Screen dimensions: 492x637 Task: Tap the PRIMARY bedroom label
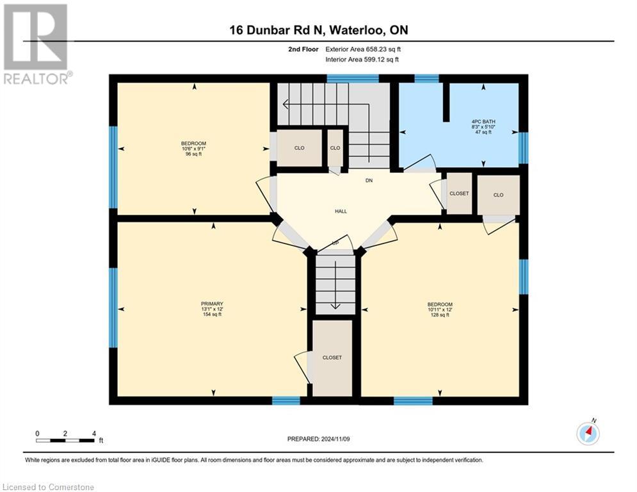coord(212,304)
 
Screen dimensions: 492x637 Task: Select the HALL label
coord(341,211)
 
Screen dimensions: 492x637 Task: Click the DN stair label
coord(369,181)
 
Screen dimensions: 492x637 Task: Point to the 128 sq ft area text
coord(440,315)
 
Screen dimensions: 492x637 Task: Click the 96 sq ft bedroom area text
coord(193,154)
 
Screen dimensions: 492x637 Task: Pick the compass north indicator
coord(588,434)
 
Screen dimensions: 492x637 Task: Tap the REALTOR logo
coord(36,44)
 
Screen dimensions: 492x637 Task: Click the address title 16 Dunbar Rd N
coord(318,30)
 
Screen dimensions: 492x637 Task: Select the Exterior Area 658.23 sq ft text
coord(363,49)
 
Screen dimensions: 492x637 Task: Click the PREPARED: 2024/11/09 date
coord(318,439)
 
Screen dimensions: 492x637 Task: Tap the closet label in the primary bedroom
coord(332,357)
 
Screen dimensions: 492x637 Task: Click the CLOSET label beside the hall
coord(459,193)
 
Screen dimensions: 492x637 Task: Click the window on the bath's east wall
coord(523,147)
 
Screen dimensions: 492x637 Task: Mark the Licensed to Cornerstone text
coord(49,488)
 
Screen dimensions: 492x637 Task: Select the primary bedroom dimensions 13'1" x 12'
coord(212,309)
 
